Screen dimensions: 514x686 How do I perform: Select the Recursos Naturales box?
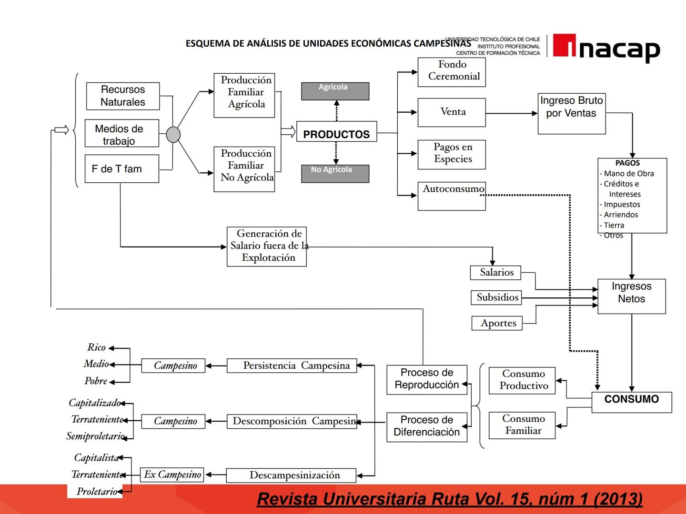[x=122, y=96]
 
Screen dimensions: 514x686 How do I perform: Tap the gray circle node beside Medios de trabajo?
[x=173, y=135]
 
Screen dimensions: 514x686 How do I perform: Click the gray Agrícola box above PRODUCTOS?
[x=335, y=91]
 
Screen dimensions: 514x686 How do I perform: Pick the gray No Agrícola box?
[x=335, y=174]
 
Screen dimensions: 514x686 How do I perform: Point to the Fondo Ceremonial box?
[x=451, y=72]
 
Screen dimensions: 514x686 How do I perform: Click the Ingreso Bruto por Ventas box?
[x=571, y=114]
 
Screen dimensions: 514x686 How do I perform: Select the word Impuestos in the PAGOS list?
[x=622, y=205]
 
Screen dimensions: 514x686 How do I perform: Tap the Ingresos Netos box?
[x=631, y=296]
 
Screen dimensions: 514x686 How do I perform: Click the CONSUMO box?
[x=631, y=402]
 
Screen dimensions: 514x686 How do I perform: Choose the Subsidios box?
[x=496, y=297]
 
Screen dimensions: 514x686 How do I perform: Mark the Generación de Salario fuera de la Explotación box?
[x=267, y=247]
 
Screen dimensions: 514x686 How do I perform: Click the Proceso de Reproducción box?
[x=427, y=379]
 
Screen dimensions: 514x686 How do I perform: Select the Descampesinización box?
[x=291, y=475]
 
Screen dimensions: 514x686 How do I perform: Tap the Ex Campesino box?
[x=172, y=474]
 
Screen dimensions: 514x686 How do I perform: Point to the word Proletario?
[x=97, y=492]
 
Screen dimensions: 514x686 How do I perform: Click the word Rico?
[x=96, y=347]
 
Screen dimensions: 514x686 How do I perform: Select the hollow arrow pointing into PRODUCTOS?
[x=288, y=131]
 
